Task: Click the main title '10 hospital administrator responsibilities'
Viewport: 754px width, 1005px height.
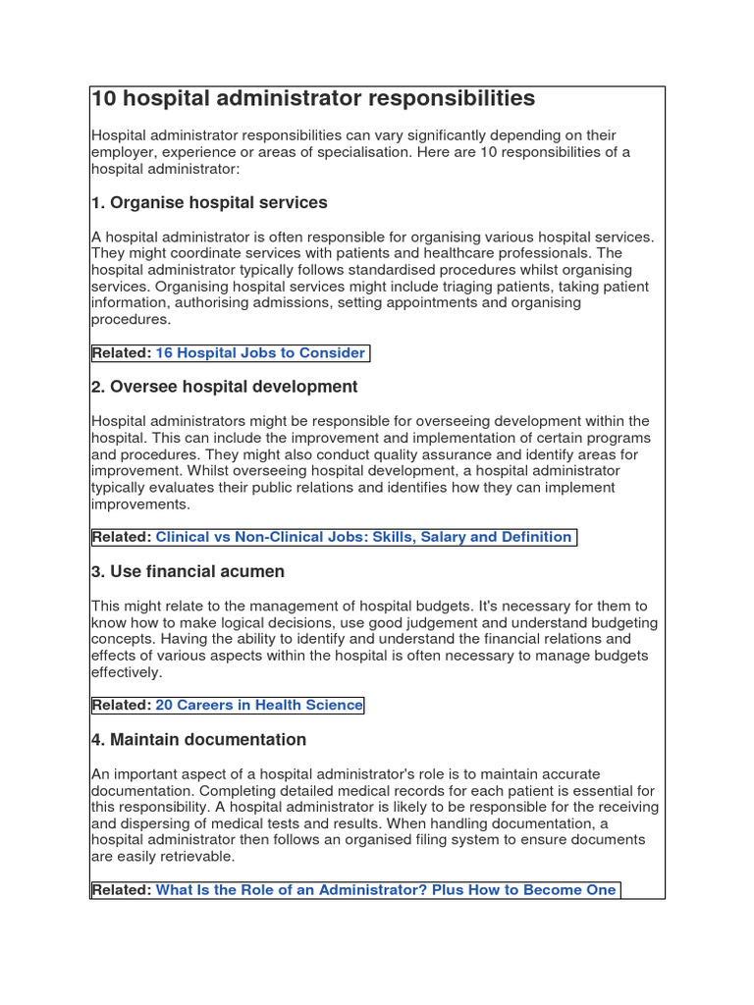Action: pos(313,99)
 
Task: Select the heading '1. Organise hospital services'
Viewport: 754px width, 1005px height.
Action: pos(209,203)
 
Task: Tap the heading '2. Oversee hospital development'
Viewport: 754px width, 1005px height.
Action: pos(224,387)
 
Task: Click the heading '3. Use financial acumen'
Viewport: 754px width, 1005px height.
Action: pos(188,571)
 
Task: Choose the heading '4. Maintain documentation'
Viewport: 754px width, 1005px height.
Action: pos(198,740)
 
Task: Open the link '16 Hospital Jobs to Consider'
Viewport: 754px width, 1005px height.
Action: pos(260,353)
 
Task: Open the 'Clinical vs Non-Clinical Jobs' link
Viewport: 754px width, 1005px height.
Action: pos(363,537)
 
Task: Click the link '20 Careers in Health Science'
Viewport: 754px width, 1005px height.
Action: pos(259,706)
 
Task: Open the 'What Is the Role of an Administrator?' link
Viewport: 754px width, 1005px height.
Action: pos(386,890)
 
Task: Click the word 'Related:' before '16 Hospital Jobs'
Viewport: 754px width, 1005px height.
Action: pos(122,353)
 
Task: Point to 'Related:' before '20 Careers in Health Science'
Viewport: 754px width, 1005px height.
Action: pos(122,706)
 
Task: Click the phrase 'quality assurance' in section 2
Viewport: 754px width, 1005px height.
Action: pos(451,454)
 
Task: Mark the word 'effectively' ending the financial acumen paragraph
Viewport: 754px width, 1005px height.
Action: pos(126,673)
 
